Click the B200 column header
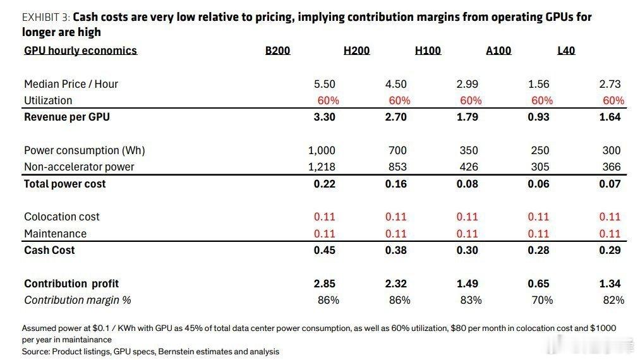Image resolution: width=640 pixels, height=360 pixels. click(x=277, y=51)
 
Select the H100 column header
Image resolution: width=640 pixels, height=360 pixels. click(x=428, y=51)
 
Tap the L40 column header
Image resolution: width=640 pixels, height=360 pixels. click(x=566, y=51)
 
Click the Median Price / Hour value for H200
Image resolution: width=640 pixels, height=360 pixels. click(x=396, y=84)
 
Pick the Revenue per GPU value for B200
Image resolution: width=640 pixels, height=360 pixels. click(x=325, y=117)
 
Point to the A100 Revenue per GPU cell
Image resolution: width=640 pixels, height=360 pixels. click(x=538, y=117)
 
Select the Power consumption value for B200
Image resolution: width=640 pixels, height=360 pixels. click(x=322, y=150)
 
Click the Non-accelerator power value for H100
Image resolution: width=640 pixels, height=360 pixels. click(x=468, y=167)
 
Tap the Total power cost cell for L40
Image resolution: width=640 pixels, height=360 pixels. click(x=610, y=184)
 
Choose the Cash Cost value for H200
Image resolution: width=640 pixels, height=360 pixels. click(x=396, y=250)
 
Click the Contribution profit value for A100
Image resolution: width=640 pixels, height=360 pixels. click(x=538, y=284)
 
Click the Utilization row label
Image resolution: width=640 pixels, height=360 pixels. click(x=48, y=100)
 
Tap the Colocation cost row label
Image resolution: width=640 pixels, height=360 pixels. click(x=62, y=217)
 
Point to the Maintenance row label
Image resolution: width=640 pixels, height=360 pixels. click(x=55, y=234)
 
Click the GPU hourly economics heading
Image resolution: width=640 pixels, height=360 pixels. click(x=80, y=51)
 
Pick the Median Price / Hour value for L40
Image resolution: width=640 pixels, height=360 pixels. click(x=610, y=84)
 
